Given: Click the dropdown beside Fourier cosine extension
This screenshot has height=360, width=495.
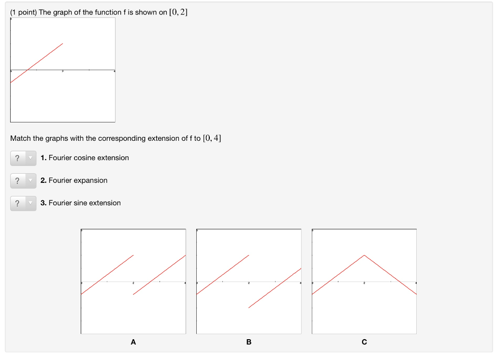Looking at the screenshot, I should click(23, 158).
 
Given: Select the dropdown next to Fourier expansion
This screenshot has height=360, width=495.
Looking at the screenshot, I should click(23, 180).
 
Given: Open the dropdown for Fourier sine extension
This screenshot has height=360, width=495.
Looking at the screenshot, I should click(23, 203).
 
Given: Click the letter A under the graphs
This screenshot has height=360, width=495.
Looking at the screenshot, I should click(133, 342).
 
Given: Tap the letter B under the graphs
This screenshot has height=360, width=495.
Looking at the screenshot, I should click(249, 342).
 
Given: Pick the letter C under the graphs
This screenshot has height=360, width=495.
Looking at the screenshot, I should click(364, 342).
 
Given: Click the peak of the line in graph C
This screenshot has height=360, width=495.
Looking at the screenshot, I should click(364, 255).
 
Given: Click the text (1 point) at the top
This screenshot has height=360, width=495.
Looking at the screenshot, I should click(24, 12).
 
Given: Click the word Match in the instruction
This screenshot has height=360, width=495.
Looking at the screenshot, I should click(20, 138).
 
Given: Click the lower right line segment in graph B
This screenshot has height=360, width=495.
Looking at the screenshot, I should click(275, 288).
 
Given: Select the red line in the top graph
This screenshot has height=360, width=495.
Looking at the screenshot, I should click(37, 63).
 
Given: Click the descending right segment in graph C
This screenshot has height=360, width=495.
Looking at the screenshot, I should click(390, 274).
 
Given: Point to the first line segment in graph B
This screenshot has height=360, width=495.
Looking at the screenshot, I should click(223, 274).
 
